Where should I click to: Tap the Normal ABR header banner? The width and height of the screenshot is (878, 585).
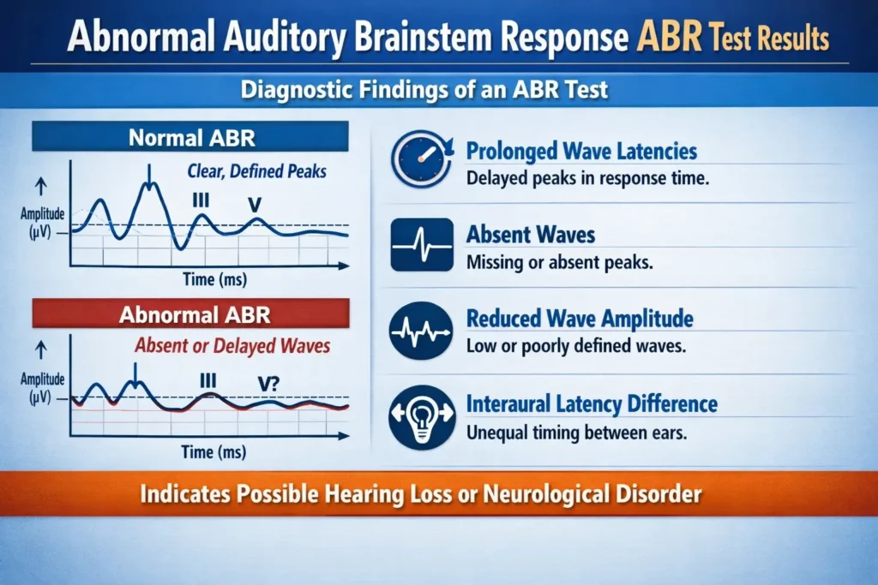[x=190, y=136]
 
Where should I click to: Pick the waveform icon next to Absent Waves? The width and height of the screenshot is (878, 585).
[x=421, y=244]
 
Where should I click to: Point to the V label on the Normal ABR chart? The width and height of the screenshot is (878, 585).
[x=252, y=205]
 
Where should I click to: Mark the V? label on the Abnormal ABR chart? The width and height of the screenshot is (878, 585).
[x=268, y=384]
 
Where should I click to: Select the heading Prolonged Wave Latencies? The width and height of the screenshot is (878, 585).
[x=581, y=152]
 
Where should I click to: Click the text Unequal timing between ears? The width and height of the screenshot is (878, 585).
[x=577, y=433]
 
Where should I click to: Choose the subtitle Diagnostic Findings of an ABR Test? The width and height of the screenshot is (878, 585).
[x=438, y=89]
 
